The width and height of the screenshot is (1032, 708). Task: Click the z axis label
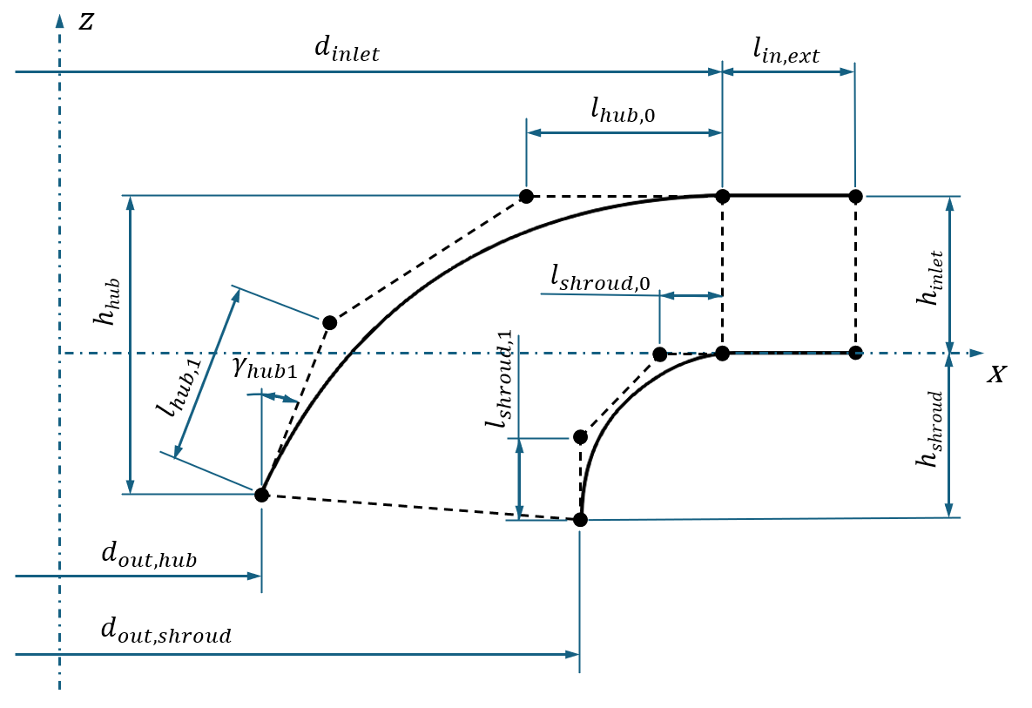(85, 23)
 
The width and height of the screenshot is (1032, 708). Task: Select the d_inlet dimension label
(347, 50)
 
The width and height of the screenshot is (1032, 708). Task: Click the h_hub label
(107, 301)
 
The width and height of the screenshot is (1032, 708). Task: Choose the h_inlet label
(931, 278)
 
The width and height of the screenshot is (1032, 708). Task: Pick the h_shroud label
(931, 429)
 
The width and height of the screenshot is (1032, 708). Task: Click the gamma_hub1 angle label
(265, 369)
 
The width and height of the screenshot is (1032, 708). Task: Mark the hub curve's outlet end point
(262, 495)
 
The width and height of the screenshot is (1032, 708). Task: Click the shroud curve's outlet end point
(580, 520)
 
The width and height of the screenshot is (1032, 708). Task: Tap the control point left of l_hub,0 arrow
(526, 195)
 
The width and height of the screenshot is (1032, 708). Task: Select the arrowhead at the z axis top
(60, 21)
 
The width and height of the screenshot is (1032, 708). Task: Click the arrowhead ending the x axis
(977, 354)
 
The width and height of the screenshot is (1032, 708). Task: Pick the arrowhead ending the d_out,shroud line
(572, 655)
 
